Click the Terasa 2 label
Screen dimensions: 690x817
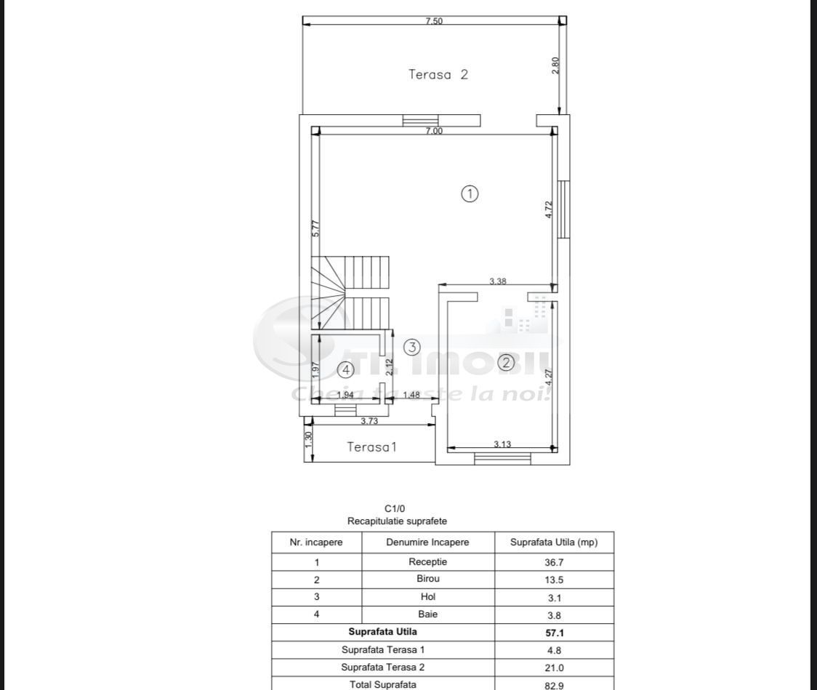coord(438,74)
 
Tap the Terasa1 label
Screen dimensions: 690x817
coord(371,446)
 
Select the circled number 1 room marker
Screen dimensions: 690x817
coord(470,193)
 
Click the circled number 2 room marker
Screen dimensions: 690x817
coord(506,362)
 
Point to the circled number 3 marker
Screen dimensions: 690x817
coord(412,347)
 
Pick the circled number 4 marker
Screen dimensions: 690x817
coord(346,370)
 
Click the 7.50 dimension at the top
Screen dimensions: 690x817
coord(434,21)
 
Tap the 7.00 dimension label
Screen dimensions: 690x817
coord(434,131)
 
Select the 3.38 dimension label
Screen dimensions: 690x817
coord(498,281)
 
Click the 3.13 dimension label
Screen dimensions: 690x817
coord(502,444)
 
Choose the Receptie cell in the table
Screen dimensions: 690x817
coord(427,562)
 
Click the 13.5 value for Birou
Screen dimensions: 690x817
coord(554,580)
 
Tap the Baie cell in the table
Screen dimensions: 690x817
coord(427,615)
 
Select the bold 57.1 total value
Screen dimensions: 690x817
coord(554,633)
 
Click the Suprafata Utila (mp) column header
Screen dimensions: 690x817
coord(554,542)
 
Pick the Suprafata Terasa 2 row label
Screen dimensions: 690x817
coord(382,667)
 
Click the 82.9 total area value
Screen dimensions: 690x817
coord(554,684)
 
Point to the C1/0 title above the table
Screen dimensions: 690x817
coord(397,509)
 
